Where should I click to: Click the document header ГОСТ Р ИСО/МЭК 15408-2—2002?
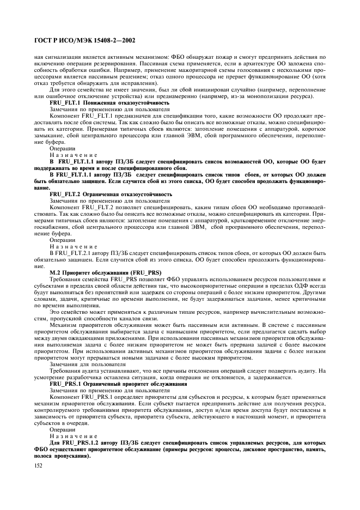pyautogui.click(x=84, y=40)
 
